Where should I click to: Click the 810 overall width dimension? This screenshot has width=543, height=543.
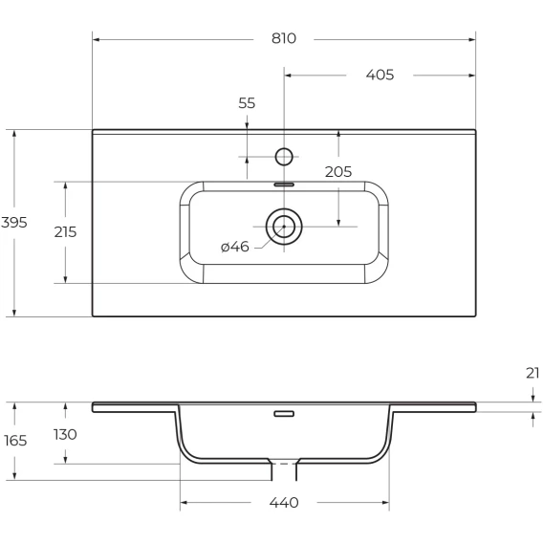click(284, 38)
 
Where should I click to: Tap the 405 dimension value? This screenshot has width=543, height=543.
click(380, 75)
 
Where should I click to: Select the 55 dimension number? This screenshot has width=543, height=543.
click(247, 103)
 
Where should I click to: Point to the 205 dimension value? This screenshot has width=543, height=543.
click(338, 171)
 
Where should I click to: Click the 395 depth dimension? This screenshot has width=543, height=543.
click(13, 223)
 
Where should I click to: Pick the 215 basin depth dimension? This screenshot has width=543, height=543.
click(65, 232)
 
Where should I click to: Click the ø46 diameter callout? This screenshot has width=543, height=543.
click(235, 247)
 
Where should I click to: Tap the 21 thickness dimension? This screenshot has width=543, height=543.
click(532, 373)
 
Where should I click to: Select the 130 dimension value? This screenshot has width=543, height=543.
click(65, 434)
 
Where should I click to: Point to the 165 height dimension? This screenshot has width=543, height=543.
click(15, 441)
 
